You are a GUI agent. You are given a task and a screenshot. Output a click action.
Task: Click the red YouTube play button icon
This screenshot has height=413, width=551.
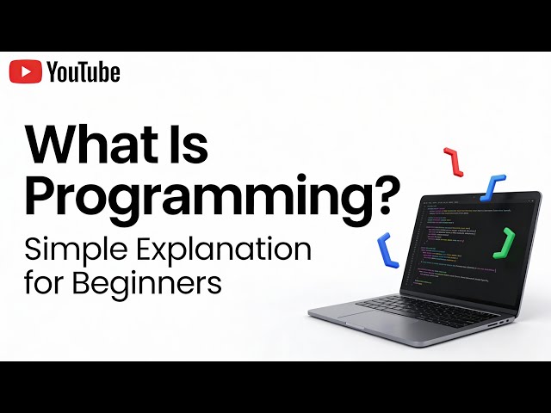(x=25, y=72)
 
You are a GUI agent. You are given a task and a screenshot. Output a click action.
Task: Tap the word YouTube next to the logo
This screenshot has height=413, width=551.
(x=84, y=72)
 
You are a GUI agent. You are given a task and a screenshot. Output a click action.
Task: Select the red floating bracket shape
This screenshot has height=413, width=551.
(x=453, y=162)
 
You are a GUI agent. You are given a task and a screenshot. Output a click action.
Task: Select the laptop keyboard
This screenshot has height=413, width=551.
(x=430, y=305)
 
